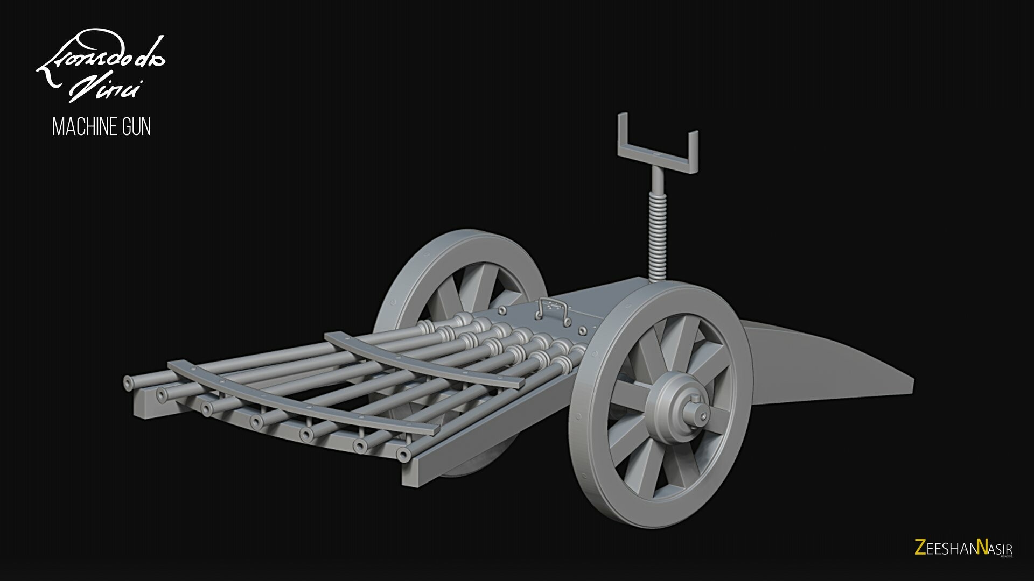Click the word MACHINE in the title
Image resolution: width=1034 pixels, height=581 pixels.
click(84, 127)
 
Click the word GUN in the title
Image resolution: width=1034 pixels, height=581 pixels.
click(135, 127)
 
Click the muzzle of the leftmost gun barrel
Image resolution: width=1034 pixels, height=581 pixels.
click(128, 382)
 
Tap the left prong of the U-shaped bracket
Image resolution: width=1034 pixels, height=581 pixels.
click(623, 132)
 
